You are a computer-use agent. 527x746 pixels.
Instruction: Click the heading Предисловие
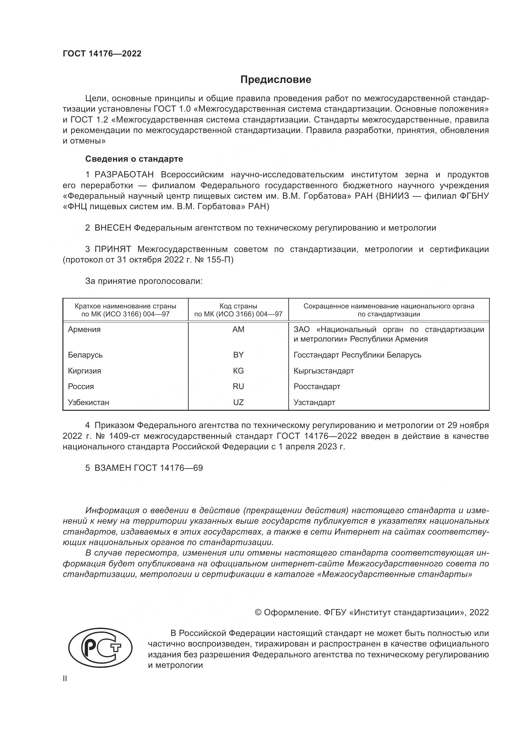(x=276, y=80)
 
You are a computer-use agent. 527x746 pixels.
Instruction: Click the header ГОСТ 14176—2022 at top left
(x=102, y=54)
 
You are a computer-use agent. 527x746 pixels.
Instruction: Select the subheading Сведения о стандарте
(x=134, y=159)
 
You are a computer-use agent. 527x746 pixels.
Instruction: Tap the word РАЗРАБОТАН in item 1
(x=124, y=175)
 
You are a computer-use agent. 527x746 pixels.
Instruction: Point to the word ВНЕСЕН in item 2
(x=112, y=228)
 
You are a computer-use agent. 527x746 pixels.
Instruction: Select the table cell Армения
(x=84, y=329)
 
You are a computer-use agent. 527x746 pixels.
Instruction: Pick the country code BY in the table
(x=238, y=355)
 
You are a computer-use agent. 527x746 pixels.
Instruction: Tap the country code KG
(x=238, y=371)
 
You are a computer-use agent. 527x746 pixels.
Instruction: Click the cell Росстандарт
(x=317, y=387)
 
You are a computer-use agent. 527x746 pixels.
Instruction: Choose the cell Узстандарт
(x=314, y=403)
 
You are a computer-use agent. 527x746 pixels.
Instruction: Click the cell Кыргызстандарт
(x=323, y=371)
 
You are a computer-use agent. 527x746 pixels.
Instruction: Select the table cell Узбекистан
(x=89, y=403)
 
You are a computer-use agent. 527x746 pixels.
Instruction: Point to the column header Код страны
(x=238, y=306)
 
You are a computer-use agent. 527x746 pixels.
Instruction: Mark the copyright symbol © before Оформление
(x=258, y=612)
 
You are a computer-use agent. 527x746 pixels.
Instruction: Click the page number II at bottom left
(x=65, y=678)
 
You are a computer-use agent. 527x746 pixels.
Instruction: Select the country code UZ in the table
(x=238, y=403)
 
